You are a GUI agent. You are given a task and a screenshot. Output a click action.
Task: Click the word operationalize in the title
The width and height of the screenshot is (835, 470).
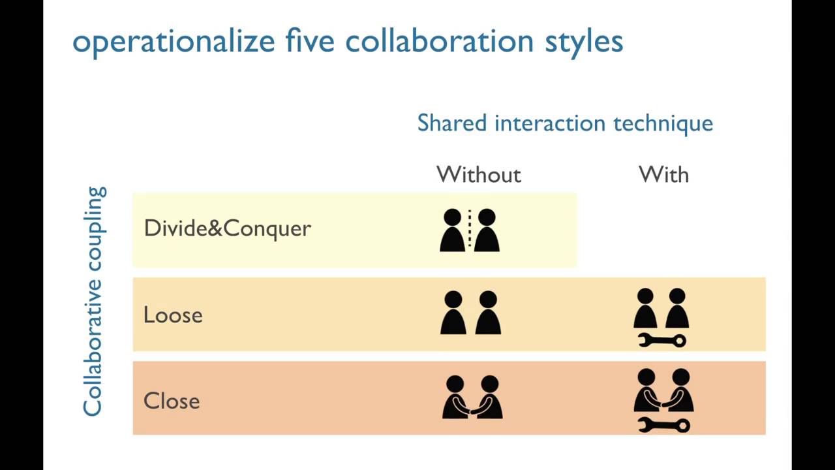coord(174,42)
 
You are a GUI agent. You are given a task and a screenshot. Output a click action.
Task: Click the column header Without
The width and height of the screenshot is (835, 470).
coord(479,174)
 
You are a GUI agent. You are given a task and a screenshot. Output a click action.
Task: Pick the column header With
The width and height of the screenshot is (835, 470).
coord(663,174)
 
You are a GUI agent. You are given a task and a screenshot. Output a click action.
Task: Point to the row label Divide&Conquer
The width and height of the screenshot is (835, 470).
coord(227,228)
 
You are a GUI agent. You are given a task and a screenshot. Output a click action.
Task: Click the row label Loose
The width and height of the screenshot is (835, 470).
coord(173,315)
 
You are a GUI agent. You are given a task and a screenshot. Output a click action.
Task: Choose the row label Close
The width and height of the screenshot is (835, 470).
coord(172,401)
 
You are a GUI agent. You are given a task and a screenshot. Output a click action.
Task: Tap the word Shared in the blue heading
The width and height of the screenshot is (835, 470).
coord(452,123)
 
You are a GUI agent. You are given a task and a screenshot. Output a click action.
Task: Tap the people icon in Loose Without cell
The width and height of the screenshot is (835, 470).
coord(470,313)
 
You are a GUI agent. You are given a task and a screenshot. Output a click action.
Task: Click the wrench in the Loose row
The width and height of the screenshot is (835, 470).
coord(661,340)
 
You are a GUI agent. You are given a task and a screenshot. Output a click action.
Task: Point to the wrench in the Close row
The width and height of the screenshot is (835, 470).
coord(663,426)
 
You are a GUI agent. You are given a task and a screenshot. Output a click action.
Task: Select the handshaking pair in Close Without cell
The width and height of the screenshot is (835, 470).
coord(472,397)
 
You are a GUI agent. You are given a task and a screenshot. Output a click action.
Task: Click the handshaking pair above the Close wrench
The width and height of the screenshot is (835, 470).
coord(663,390)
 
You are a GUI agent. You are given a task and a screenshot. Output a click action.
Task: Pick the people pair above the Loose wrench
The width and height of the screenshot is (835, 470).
coord(661,309)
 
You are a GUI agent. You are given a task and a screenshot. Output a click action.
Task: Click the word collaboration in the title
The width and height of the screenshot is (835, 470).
coord(439,40)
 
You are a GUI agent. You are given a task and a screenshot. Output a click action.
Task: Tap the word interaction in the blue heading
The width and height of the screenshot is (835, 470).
coord(545,123)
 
